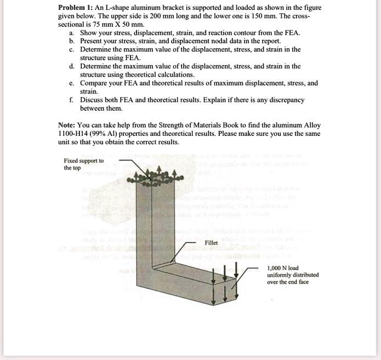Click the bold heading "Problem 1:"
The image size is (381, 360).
(76, 8)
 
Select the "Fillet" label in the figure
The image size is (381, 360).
(212, 242)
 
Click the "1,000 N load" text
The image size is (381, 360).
(283, 268)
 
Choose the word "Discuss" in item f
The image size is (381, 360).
(93, 100)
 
